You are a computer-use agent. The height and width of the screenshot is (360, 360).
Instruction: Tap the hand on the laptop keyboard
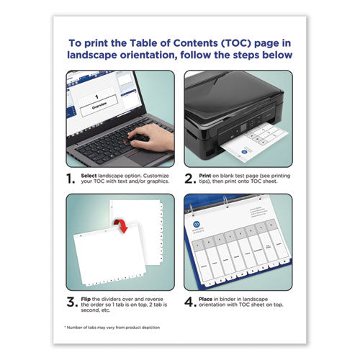pos(155,138)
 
